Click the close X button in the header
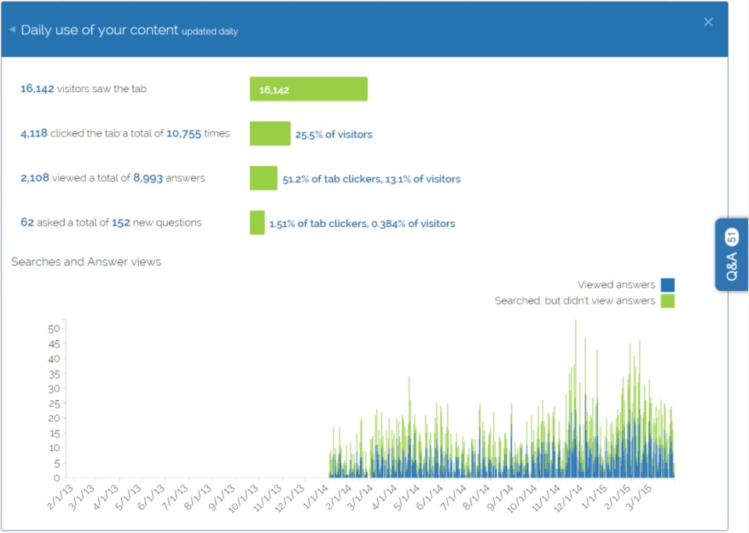[x=708, y=22]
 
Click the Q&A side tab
[x=731, y=255]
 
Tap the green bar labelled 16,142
[x=308, y=89]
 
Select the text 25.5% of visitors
[x=333, y=134]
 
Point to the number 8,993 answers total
[x=147, y=178]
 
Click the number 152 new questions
[x=120, y=222]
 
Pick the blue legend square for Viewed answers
[x=667, y=285]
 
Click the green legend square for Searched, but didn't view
[x=667, y=300]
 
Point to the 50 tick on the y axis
[x=54, y=329]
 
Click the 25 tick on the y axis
[x=54, y=403]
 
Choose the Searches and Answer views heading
[x=86, y=261]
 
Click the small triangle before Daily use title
[x=12, y=30]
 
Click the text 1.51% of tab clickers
[x=318, y=223]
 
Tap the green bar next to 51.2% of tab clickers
[x=263, y=178]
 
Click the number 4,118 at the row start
[x=34, y=133]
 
